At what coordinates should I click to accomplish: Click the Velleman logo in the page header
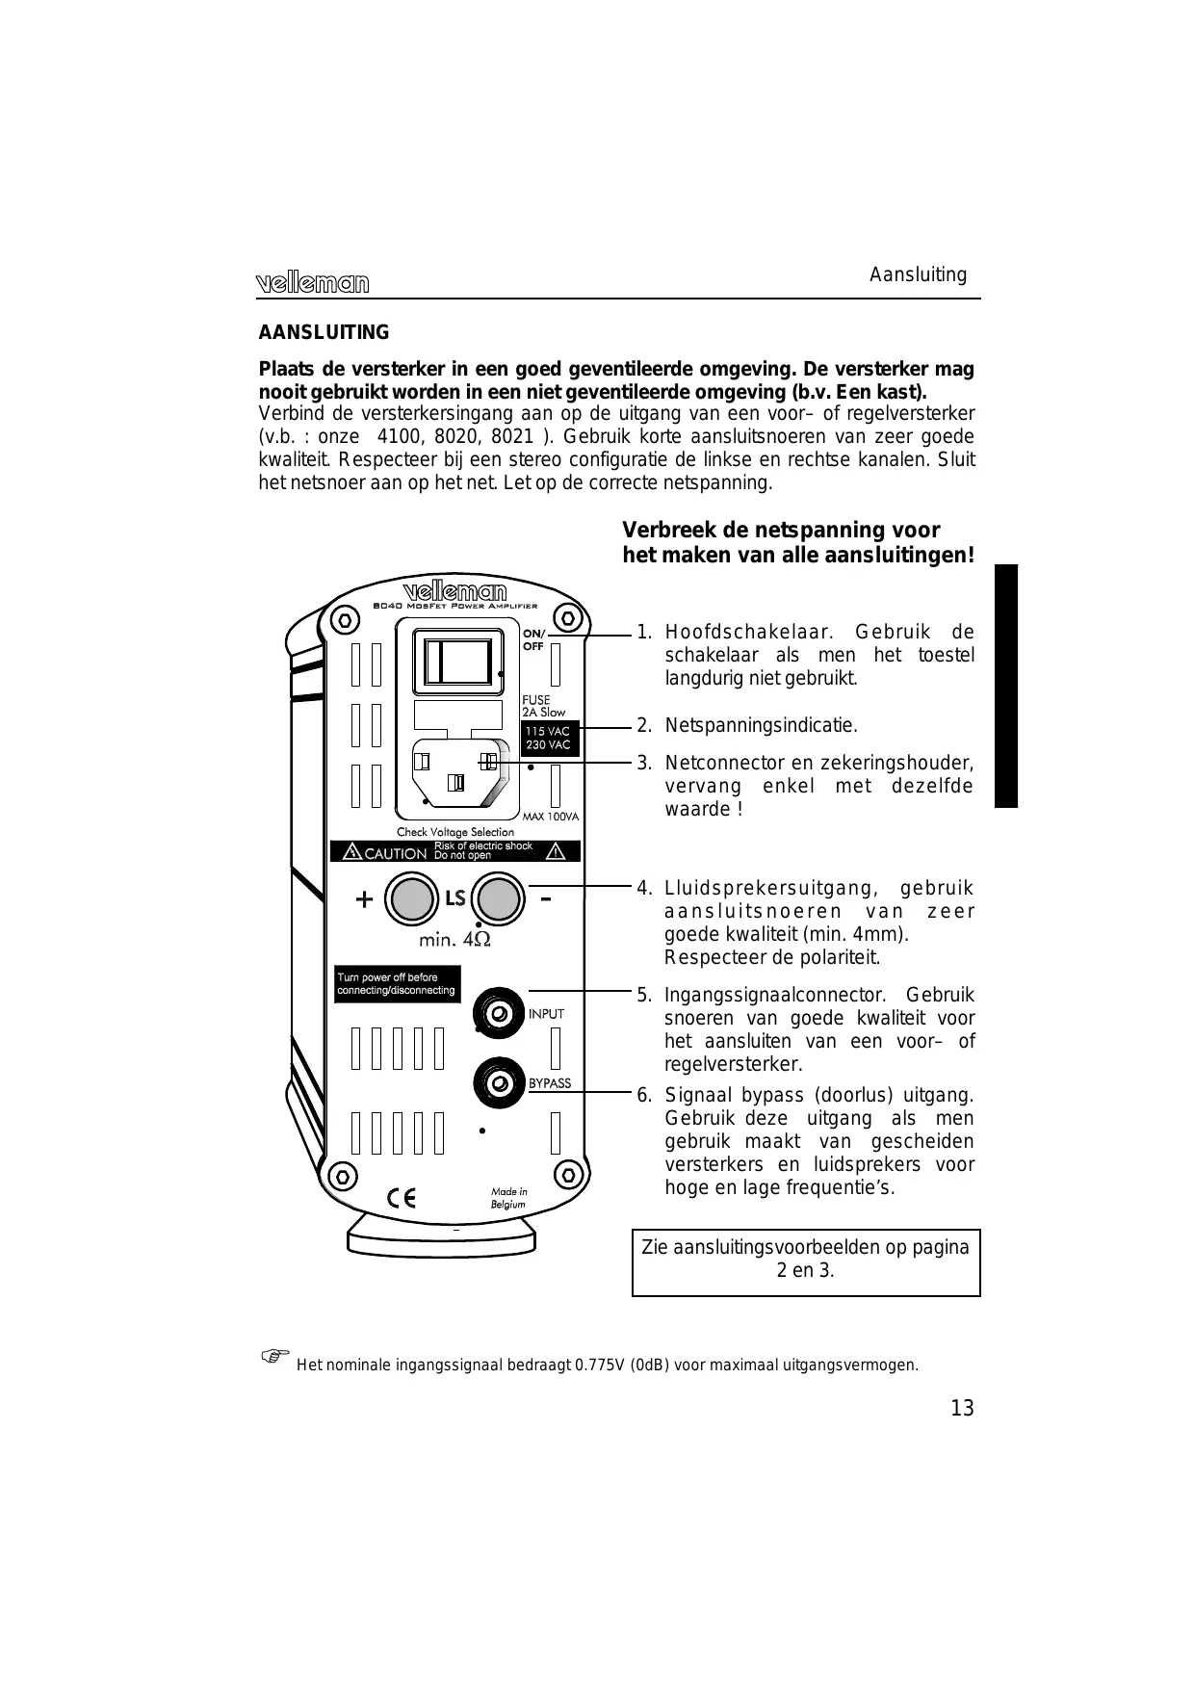(312, 282)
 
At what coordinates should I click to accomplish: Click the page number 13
(962, 1409)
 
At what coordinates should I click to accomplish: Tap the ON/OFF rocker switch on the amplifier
(457, 662)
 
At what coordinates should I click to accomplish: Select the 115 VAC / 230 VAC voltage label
(549, 739)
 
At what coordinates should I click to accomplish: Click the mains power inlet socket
(458, 774)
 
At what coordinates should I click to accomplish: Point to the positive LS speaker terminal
(411, 899)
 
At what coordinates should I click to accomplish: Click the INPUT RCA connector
(498, 1013)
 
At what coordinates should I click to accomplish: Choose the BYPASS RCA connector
(499, 1083)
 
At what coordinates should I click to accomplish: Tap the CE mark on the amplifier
(402, 1198)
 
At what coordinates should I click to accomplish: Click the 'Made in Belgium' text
(508, 1198)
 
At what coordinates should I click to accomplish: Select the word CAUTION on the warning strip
(395, 853)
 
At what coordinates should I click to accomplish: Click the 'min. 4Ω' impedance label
(454, 939)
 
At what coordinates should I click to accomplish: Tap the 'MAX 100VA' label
(552, 817)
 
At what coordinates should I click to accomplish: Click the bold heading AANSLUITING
(324, 332)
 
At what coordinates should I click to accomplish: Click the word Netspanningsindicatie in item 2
(761, 725)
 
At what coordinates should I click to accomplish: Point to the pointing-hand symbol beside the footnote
(274, 1356)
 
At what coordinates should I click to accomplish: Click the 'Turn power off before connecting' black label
(397, 984)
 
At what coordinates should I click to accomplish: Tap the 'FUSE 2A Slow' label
(543, 706)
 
